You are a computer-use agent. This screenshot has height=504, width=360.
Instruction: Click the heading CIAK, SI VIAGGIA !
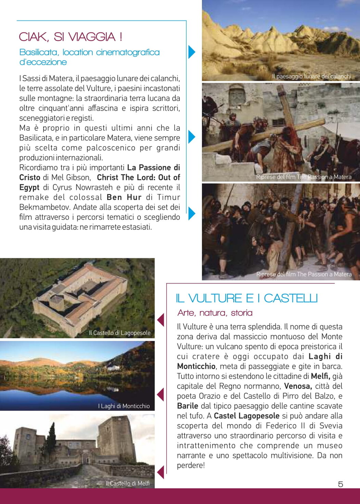70,37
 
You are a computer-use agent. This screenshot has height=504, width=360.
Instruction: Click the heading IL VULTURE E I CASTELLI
246,298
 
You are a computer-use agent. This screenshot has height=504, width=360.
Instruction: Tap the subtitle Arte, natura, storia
215,313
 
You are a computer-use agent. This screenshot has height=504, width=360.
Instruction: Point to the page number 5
340,484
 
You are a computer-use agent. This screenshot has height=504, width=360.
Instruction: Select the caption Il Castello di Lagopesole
119,333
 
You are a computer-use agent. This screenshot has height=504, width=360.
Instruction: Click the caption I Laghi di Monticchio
124,406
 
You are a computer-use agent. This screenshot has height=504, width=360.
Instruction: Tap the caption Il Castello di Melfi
127,483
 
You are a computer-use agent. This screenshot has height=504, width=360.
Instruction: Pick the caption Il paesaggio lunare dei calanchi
311,76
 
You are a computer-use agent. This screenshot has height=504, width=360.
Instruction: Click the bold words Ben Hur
124,197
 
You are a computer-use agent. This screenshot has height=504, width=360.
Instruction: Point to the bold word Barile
188,406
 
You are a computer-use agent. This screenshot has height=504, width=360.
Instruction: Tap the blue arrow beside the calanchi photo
192,52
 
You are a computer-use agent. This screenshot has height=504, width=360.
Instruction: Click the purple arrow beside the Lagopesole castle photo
160,320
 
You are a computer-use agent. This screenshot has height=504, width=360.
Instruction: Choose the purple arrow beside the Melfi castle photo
160,472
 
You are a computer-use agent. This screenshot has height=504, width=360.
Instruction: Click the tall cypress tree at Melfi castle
52,438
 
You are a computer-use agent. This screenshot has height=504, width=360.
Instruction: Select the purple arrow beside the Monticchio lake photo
160,395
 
